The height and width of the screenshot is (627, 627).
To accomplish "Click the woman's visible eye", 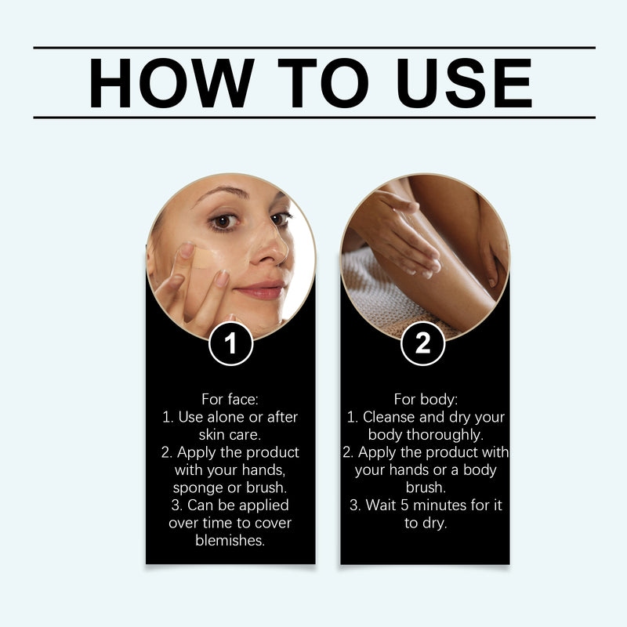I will pyautogui.click(x=224, y=222).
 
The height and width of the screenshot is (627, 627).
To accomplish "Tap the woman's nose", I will pyautogui.click(x=270, y=251).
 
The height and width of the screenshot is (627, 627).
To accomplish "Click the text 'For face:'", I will pyautogui.click(x=230, y=399).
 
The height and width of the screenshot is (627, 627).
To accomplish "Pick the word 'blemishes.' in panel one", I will pyautogui.click(x=230, y=540).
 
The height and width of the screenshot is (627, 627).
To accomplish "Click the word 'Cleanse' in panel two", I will pyautogui.click(x=388, y=417).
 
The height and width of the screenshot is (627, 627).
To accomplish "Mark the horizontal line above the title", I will pyautogui.click(x=313, y=48).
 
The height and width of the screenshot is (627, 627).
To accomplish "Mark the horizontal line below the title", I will pyautogui.click(x=313, y=118).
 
